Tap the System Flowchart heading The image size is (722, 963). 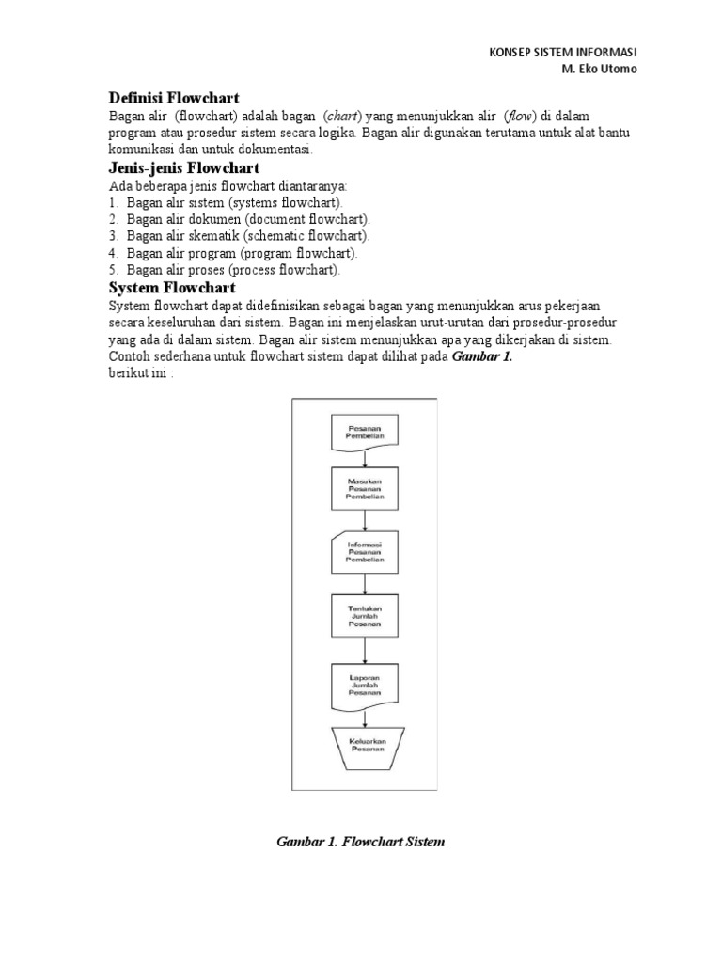click(172, 287)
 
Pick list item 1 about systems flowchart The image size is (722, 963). click(226, 202)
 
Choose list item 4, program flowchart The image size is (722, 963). click(232, 253)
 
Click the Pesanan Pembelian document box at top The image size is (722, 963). click(364, 434)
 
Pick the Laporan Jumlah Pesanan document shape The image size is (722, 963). click(364, 686)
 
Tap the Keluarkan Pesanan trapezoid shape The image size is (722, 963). click(364, 747)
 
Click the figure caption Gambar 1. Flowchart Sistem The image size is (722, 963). click(360, 841)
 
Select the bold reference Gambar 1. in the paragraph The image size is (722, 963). click(483, 355)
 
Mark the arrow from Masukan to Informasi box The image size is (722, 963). click(364, 522)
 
